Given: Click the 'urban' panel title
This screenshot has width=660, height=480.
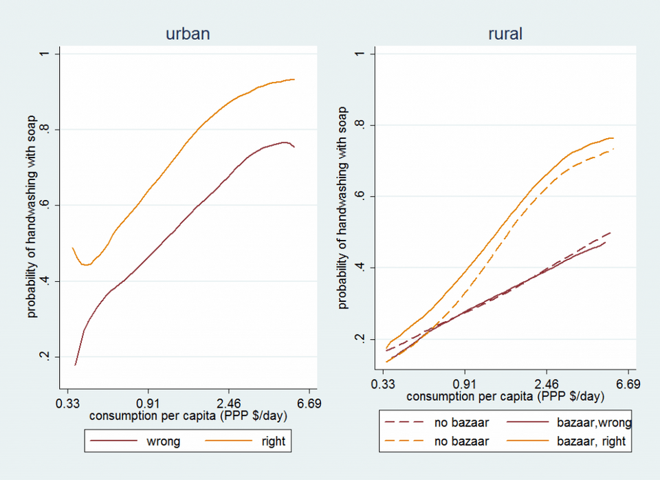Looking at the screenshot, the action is [x=188, y=34].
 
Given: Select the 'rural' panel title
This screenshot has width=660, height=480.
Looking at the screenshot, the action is [x=505, y=34].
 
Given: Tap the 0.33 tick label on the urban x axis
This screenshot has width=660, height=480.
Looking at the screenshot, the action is [x=67, y=404].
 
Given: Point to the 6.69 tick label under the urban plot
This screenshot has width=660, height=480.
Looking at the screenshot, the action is [x=309, y=404].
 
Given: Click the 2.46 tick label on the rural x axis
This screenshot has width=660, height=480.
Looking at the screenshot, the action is [x=547, y=384].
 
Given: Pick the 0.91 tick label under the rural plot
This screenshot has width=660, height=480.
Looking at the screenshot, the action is [x=465, y=384].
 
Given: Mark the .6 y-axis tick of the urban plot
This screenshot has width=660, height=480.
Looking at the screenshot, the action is [x=45, y=205].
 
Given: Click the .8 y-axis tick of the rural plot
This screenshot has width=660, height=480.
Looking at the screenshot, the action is [x=360, y=125].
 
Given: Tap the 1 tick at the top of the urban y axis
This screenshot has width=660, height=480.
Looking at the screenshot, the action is [x=45, y=54].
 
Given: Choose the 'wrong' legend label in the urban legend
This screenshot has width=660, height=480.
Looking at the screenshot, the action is [x=164, y=441].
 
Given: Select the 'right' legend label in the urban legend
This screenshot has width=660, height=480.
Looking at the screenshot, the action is [x=274, y=441].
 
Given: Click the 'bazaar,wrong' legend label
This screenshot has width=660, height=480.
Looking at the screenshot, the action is [x=594, y=422].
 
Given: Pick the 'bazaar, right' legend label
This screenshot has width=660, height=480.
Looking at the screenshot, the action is [x=591, y=441].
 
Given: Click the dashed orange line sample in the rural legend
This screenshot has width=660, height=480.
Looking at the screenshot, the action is [x=404, y=441].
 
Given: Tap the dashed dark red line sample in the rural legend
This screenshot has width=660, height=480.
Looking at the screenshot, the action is [x=404, y=422].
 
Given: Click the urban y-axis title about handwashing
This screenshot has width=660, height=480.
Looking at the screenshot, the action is [x=32, y=217].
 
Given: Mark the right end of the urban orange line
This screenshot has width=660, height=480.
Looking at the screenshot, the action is [x=294, y=79].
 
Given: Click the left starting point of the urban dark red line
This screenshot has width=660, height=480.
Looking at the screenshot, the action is [x=75, y=365].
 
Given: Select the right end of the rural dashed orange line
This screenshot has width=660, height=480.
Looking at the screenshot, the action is [x=614, y=149].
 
